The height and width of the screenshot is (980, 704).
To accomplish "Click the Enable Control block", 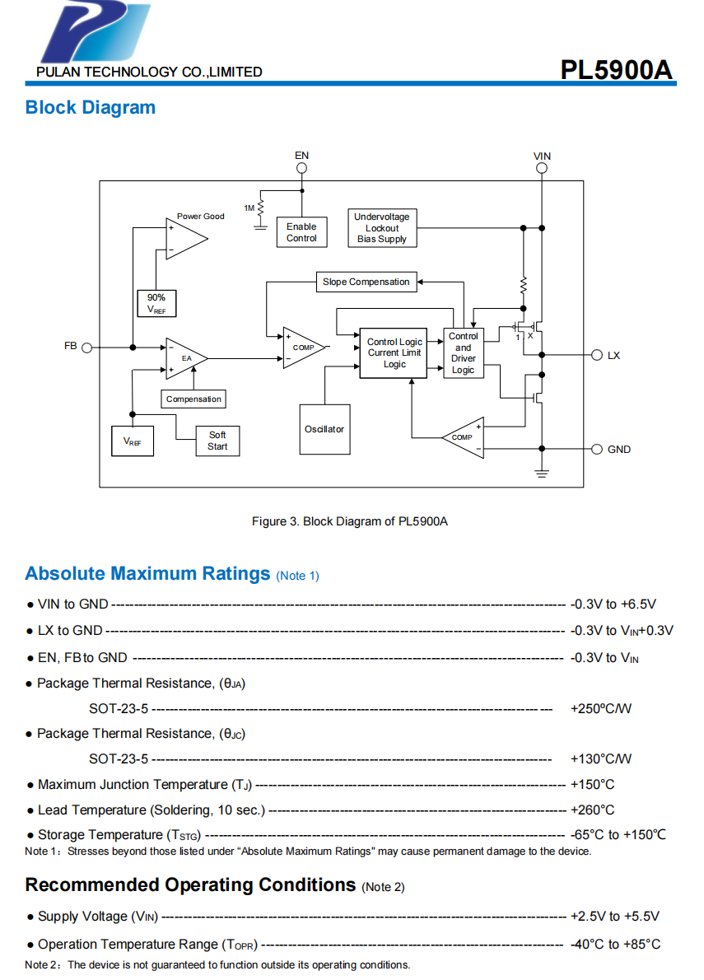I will click(301, 231).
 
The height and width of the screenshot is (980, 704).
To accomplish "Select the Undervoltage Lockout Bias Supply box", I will click(382, 228).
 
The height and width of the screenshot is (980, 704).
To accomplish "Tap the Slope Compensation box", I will click(366, 282).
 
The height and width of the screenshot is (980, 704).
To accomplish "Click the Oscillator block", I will click(324, 430).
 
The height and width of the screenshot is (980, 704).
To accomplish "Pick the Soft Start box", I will click(217, 441).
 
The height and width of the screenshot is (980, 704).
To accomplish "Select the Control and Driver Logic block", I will click(463, 353).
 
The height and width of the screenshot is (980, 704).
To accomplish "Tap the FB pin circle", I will click(86, 347).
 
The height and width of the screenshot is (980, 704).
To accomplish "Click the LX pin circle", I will click(597, 355).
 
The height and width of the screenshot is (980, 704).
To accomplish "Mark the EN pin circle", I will click(302, 168).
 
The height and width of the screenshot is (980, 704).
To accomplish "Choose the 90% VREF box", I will click(156, 303).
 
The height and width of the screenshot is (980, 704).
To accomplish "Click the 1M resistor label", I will click(249, 208).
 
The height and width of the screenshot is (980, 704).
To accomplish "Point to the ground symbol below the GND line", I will click(541, 473).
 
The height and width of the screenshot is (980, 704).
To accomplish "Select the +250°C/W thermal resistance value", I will click(600, 708).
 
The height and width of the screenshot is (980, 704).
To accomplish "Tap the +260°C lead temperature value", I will click(592, 810).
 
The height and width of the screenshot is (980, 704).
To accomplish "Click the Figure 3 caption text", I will click(349, 521).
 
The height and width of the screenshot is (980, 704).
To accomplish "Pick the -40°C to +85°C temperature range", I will click(615, 944).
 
